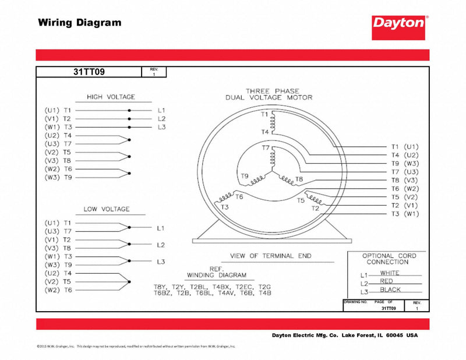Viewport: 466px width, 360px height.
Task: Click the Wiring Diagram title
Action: click(80, 23)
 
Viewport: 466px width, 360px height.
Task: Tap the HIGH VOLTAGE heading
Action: click(111, 97)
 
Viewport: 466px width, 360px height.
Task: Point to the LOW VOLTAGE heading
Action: click(107, 209)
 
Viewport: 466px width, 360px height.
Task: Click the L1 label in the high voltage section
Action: click(161, 110)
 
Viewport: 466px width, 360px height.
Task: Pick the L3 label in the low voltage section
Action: click(161, 262)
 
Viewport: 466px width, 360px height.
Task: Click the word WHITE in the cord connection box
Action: click(390, 273)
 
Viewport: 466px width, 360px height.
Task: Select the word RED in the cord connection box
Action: click(386, 281)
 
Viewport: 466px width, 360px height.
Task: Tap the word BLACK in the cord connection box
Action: click(390, 290)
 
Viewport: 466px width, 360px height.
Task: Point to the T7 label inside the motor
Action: click(266, 148)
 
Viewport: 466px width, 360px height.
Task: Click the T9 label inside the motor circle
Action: click(245, 176)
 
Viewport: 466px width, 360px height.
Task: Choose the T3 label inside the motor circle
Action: click(225, 207)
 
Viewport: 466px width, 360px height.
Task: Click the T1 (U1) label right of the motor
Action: click(404, 147)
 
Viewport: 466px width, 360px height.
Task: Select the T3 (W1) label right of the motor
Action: click(404, 214)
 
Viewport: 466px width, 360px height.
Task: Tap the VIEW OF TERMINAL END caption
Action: click(270, 256)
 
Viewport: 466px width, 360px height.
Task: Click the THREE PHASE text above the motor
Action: click(272, 91)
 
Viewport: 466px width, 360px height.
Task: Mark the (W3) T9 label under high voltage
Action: click(58, 177)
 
